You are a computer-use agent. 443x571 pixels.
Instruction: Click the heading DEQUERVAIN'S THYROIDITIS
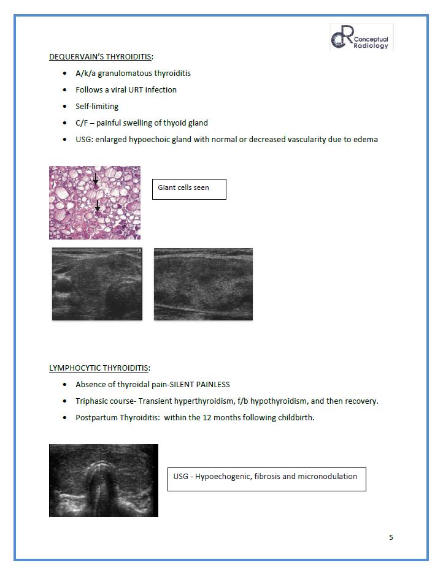pos(101,57)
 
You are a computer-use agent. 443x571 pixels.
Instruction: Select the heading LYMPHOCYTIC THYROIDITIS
pos(99,368)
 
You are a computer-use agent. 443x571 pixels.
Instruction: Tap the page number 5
pos(391,537)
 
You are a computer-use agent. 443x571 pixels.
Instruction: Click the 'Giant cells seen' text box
pos(189,189)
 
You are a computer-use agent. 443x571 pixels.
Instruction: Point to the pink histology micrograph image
pos(94,202)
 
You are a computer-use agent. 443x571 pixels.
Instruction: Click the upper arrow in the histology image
pos(96,180)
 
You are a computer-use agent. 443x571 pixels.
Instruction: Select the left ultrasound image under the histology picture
pos(97,284)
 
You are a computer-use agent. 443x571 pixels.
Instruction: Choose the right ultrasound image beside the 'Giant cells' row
pos(203,284)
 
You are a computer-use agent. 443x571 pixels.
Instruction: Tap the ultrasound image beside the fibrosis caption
pos(104,480)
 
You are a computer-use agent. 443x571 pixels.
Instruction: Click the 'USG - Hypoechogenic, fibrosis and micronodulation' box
pos(266,478)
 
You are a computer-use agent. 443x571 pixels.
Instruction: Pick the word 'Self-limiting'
pos(97,107)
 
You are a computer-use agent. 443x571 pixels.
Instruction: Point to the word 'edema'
pos(365,140)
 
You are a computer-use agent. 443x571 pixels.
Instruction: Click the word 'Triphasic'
pos(93,401)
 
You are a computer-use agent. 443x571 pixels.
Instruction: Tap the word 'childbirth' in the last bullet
pos(295,418)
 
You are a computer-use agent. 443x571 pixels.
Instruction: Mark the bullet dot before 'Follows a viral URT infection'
pos(65,90)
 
